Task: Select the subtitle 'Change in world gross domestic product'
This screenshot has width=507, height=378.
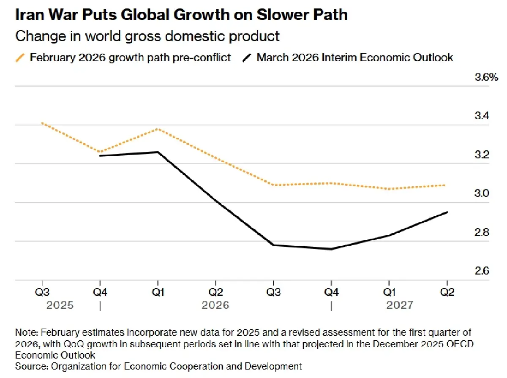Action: (147, 36)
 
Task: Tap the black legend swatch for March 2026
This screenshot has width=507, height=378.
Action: (247, 57)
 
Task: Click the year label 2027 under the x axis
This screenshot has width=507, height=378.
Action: (400, 305)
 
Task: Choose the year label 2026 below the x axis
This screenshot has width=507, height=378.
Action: (215, 305)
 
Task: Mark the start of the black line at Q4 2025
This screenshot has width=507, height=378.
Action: (100, 156)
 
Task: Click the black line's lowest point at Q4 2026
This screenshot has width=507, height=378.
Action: (331, 249)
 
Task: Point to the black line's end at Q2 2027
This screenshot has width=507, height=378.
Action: (447, 212)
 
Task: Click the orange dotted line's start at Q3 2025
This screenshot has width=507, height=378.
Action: (42, 123)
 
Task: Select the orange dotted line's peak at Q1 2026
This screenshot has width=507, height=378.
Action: (158, 129)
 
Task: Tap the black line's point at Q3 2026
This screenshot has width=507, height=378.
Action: (273, 245)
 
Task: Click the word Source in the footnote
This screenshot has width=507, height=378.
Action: (29, 366)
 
